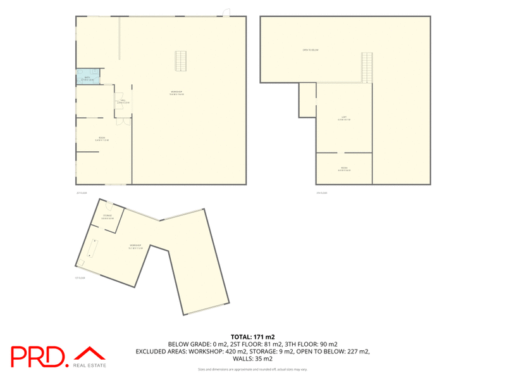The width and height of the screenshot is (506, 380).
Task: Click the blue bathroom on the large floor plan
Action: pos(87,76)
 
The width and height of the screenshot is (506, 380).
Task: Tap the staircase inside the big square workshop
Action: pos(181,61)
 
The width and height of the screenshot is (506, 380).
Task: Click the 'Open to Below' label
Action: pos(310,49)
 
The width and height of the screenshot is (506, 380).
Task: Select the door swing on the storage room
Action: pos(109,205)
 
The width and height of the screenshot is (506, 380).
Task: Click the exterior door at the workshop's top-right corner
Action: pos(226,13)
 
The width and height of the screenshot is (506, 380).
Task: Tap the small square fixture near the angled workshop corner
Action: pos(81,262)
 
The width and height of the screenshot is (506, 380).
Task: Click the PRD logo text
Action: pos(39,357)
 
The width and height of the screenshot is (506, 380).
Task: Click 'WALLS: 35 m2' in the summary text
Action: pos(253,358)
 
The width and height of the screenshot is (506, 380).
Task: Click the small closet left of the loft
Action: pos(307,100)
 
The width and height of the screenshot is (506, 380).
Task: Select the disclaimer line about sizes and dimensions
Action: pos(253,369)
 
